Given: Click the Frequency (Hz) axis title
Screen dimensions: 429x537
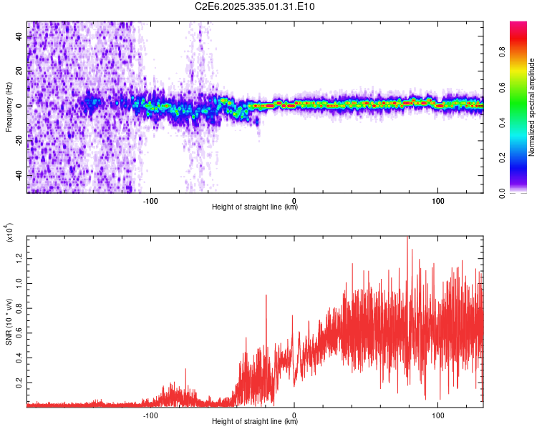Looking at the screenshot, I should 9,107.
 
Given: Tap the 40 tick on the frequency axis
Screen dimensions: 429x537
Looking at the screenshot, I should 19,35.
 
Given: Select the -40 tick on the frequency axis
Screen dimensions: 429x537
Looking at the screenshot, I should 18,176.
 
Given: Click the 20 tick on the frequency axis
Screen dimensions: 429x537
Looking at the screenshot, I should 19,70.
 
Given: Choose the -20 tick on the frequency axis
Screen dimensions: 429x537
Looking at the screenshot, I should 18,141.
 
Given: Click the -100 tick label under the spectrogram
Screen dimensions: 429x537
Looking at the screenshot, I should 150,201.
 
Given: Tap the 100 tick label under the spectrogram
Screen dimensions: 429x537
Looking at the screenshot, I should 437,201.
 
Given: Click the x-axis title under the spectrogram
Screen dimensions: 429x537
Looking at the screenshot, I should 255,207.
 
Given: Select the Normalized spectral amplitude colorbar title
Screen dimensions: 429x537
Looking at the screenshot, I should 532,107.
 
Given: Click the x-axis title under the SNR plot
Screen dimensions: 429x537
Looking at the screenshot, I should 255,422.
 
